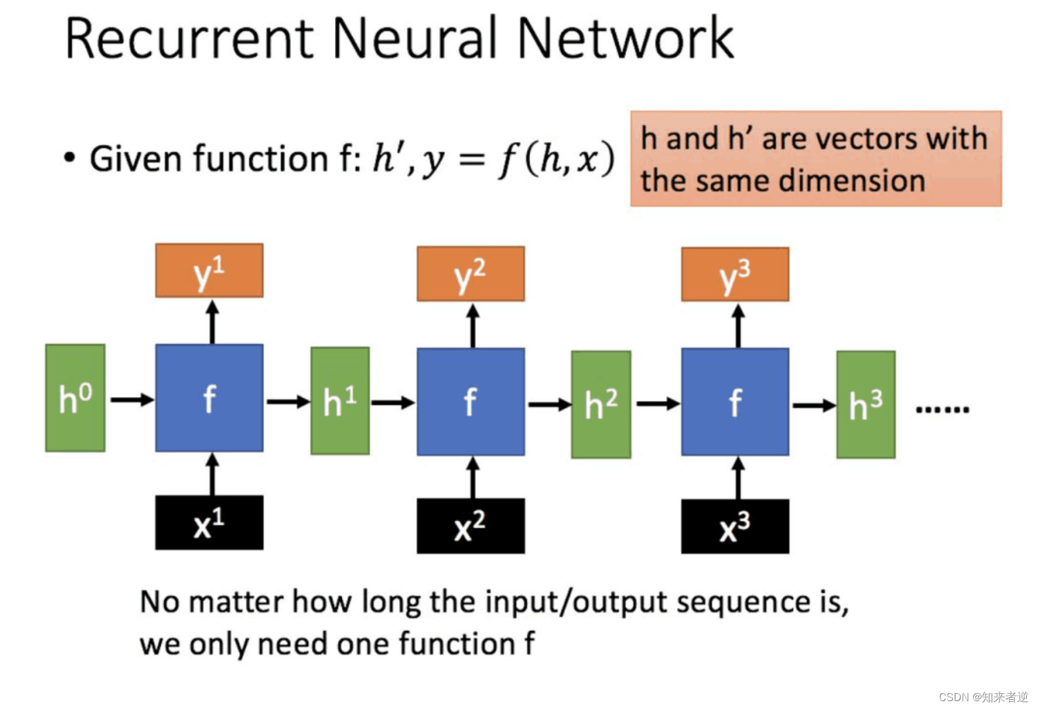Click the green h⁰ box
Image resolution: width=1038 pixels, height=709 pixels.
(75, 398)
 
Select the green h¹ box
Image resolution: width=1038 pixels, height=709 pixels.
(340, 401)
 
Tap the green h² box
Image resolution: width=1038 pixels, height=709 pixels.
(601, 404)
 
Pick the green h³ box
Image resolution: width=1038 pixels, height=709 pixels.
(866, 404)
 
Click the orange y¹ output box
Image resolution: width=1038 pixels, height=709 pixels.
(210, 270)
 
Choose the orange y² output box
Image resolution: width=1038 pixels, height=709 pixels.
(471, 274)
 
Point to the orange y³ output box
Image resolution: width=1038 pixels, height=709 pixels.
(735, 275)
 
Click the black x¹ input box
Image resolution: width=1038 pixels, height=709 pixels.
(210, 523)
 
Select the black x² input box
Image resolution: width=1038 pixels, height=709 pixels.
(471, 526)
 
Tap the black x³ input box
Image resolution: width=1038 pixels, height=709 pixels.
(735, 526)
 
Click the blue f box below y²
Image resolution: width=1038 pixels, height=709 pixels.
(471, 402)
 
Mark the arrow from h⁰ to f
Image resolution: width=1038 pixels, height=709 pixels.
(132, 400)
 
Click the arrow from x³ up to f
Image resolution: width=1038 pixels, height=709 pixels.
(738, 478)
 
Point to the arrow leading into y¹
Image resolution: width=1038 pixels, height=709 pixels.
(212, 322)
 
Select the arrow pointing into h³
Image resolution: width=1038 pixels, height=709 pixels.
(815, 406)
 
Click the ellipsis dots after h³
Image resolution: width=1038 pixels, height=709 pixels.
(942, 409)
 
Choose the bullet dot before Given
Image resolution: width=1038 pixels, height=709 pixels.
(69, 157)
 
